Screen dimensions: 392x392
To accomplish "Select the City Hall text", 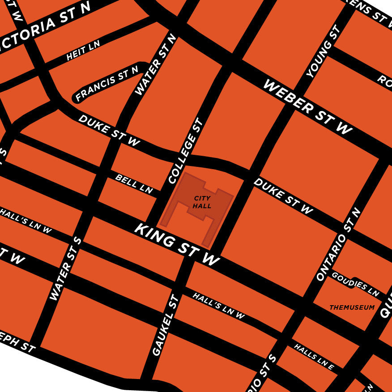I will click(x=202, y=202).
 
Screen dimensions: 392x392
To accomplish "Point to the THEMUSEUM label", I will click(x=352, y=307).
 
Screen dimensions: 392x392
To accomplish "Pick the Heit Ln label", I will click(x=83, y=50).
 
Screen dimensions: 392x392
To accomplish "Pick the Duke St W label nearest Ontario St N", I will click(x=283, y=196).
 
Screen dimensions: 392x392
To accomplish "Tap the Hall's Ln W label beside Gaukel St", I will click(x=219, y=306).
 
